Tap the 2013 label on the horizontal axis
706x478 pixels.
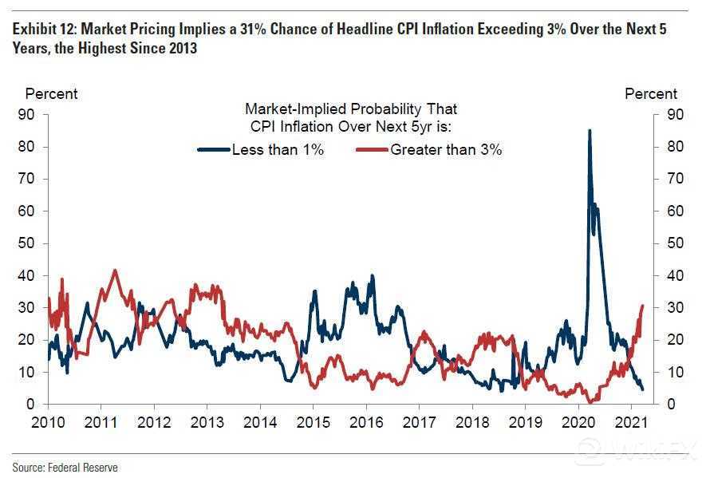[x=207, y=422]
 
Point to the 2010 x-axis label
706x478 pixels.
[x=49, y=422]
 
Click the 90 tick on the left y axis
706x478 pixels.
[x=26, y=115]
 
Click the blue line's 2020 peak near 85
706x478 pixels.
[x=590, y=130]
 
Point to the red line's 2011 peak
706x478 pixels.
[x=114, y=271]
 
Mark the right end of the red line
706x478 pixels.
[x=643, y=306]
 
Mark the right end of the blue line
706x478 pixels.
[x=643, y=389]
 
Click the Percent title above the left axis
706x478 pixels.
[x=51, y=93]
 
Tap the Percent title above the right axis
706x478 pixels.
[x=651, y=93]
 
